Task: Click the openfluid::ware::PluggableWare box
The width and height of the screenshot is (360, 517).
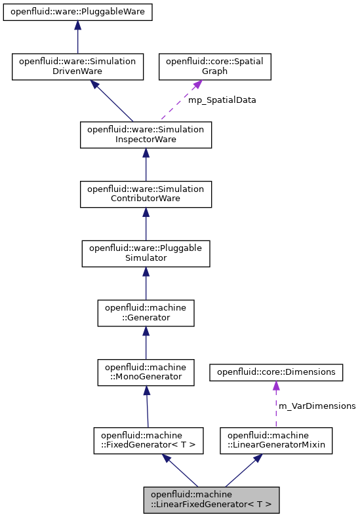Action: pyautogui.click(x=77, y=12)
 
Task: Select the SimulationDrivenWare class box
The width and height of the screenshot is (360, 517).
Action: pyautogui.click(x=77, y=66)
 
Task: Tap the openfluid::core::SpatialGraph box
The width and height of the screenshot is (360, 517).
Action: pyautogui.click(x=214, y=66)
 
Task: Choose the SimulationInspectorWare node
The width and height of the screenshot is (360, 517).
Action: pyautogui.click(x=146, y=134)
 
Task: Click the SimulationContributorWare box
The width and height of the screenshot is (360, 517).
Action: pyautogui.click(x=146, y=194)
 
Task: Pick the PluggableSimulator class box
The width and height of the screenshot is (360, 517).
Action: pyautogui.click(x=146, y=254)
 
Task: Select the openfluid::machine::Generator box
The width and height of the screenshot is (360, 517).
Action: pyautogui.click(x=146, y=313)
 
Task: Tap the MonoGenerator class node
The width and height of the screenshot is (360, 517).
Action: pyautogui.click(x=146, y=372)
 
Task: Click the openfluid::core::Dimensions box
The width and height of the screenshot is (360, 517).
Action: pyautogui.click(x=275, y=372)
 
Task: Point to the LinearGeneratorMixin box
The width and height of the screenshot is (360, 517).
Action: pyautogui.click(x=276, y=440)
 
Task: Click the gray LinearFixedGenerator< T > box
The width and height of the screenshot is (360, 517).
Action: pyautogui.click(x=212, y=499)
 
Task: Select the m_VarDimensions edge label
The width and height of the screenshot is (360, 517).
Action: pyautogui.click(x=317, y=406)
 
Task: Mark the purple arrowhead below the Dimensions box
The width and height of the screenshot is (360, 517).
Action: pyautogui.click(x=275, y=386)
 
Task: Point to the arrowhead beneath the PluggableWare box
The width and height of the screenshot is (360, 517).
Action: pyautogui.click(x=77, y=26)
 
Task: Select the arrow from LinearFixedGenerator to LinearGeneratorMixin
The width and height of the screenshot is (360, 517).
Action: pyautogui.click(x=243, y=470)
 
